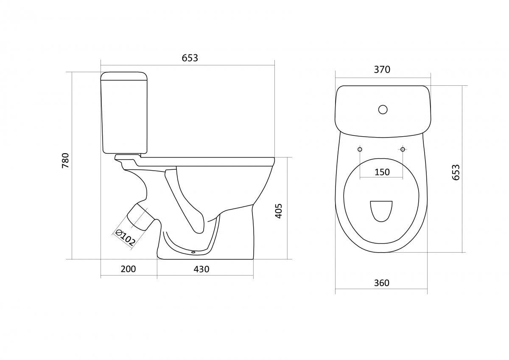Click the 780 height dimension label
65,160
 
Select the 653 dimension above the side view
190,58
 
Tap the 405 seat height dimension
279,211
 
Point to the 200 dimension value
128,269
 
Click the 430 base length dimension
201,269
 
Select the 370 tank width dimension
382,70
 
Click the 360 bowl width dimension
382,283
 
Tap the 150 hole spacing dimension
382,172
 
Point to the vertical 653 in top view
456,172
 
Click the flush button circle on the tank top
383,110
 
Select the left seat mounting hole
360,149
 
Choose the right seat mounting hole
403,149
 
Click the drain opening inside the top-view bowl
381,211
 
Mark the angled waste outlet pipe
140,217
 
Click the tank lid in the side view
124,76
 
